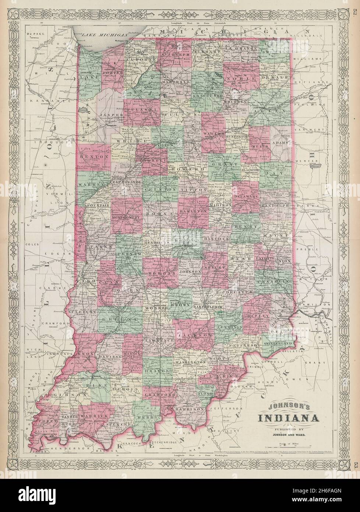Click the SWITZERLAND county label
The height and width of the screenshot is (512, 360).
(x=279, y=343)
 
